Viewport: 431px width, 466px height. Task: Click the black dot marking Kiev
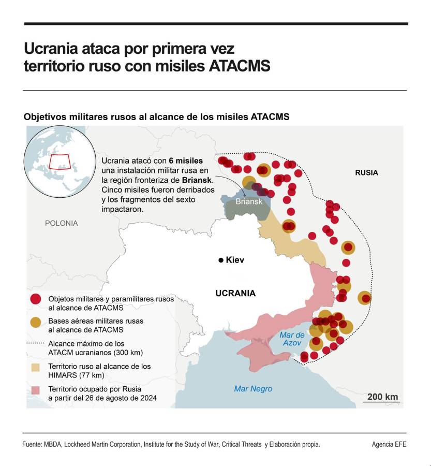(x=221, y=260)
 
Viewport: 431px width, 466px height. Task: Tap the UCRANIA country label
(x=235, y=293)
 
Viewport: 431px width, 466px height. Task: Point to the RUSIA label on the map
(x=366, y=172)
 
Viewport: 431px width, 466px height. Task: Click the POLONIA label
(x=61, y=223)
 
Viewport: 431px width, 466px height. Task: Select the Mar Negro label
(x=253, y=389)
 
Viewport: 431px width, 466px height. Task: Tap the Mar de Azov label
(x=292, y=339)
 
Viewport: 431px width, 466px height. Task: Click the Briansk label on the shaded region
(x=249, y=201)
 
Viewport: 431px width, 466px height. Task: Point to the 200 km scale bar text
(x=383, y=397)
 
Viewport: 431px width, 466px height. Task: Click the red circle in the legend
(x=36, y=299)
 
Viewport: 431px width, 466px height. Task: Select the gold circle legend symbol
(x=36, y=322)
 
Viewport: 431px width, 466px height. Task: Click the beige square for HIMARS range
(x=36, y=367)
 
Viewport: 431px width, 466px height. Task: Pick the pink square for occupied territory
(x=36, y=389)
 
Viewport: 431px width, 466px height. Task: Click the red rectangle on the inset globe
(x=59, y=161)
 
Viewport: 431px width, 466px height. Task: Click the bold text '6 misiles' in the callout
(x=185, y=161)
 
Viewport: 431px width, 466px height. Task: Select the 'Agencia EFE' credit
(x=389, y=444)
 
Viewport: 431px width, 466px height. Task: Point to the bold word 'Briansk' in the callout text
(x=197, y=180)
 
